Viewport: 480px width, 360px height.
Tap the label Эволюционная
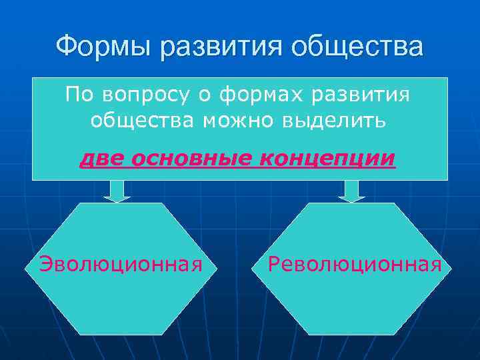click(x=121, y=265)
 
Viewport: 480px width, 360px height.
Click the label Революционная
click(x=354, y=265)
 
